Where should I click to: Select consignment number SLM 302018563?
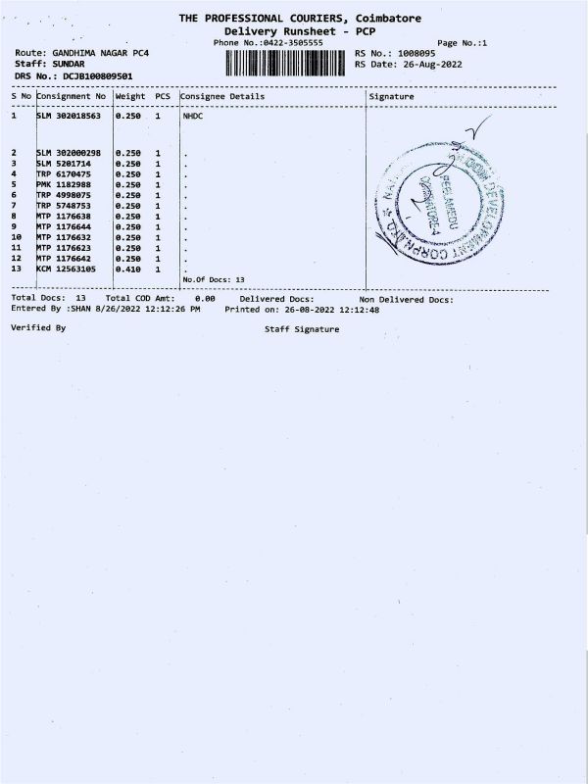69,116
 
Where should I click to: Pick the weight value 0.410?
128,269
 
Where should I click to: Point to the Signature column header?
391,97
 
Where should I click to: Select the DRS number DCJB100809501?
95,75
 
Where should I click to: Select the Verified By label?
38,327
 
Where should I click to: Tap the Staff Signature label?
302,329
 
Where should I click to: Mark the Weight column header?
130,97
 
